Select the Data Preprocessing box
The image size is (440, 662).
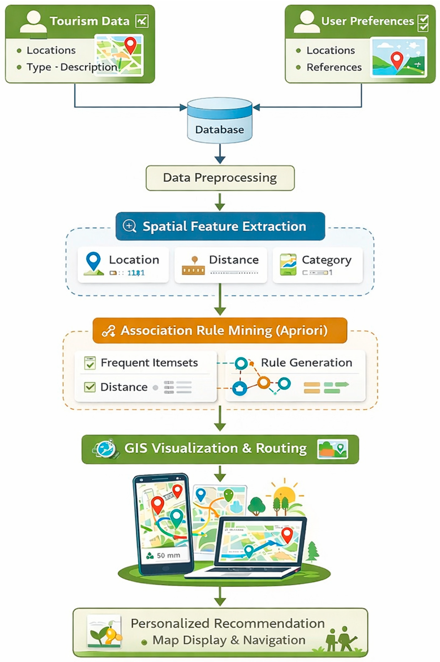pos(220,178)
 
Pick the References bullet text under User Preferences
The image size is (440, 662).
pos(334,67)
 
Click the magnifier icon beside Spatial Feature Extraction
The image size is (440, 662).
pos(130,226)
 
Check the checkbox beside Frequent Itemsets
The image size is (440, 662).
pos(90,363)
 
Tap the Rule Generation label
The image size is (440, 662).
pos(306,363)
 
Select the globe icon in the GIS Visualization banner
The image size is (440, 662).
pos(106,449)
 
